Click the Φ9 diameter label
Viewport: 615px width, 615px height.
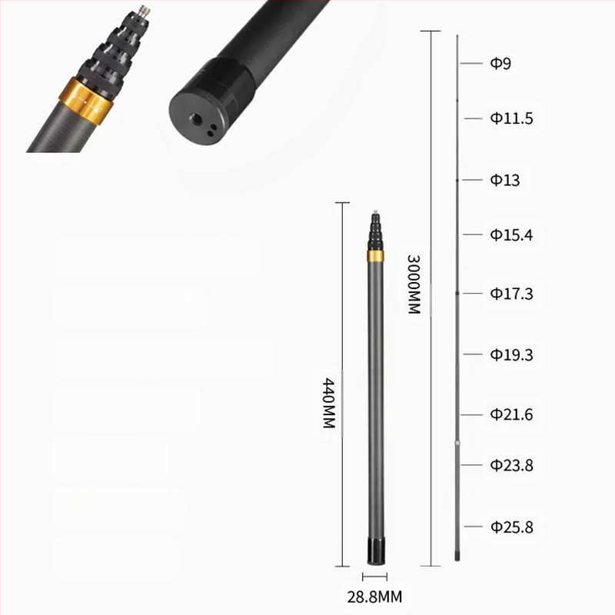coord(500,63)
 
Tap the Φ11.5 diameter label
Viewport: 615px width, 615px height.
coord(511,118)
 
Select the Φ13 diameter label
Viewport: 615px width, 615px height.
coord(505,180)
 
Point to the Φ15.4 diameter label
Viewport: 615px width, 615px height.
coord(511,234)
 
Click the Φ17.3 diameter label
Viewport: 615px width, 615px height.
coord(511,294)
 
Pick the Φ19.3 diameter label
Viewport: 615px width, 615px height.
coord(511,354)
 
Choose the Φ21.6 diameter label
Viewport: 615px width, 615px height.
coord(511,414)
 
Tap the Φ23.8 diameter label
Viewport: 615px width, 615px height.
coord(511,465)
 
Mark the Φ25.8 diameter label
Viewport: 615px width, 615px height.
coord(511,527)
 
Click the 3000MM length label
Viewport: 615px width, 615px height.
coord(414,284)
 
